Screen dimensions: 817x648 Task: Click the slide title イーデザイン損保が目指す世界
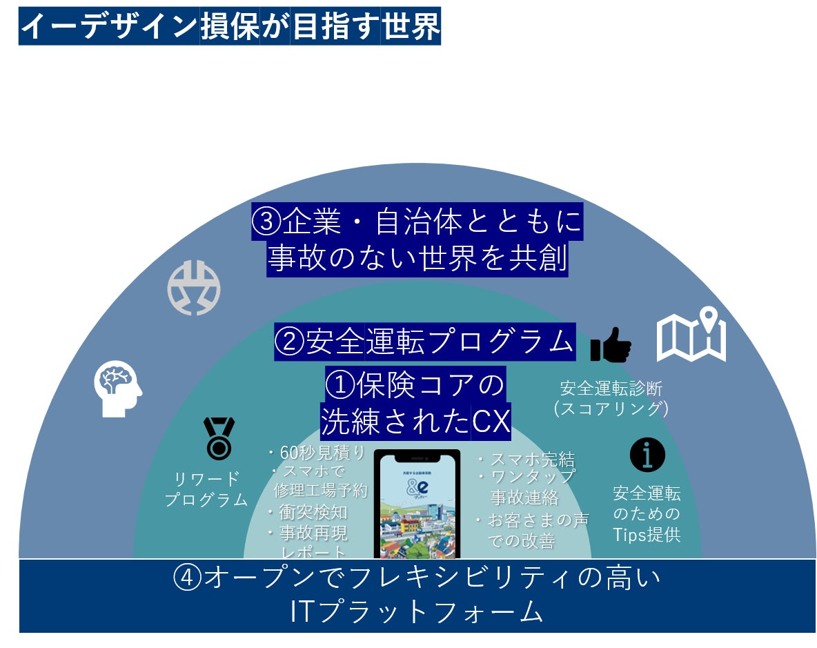tap(230, 27)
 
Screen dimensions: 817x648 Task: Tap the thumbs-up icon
tap(611, 344)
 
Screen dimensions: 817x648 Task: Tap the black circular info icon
tap(647, 455)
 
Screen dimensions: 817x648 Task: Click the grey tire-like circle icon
tap(194, 288)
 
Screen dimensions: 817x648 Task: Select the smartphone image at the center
tap(417, 504)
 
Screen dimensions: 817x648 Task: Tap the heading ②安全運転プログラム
tap(424, 342)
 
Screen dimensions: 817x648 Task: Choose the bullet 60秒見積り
tap(317, 453)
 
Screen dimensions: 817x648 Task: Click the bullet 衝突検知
tap(308, 512)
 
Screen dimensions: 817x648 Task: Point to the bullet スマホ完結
tap(526, 460)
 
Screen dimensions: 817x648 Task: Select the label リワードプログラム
tap(206, 489)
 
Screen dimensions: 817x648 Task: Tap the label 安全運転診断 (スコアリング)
tap(611, 398)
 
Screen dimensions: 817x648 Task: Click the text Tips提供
tap(647, 534)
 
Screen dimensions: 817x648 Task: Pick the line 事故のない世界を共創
tap(417, 259)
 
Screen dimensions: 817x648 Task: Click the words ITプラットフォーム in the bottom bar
tap(417, 612)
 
